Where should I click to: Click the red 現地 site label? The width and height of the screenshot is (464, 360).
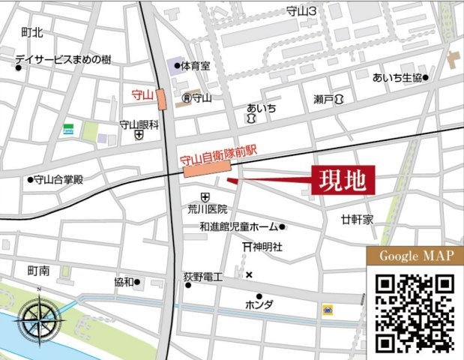click(x=343, y=180)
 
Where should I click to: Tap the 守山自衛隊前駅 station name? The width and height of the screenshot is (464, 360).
click(x=219, y=159)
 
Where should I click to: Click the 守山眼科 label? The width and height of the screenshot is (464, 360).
click(x=139, y=124)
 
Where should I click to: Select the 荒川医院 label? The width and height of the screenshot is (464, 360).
click(x=208, y=210)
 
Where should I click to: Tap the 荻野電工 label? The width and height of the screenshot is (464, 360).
click(x=203, y=277)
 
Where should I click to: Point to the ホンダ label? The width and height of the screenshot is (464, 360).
click(x=259, y=304)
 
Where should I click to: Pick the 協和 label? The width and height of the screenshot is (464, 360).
click(x=124, y=282)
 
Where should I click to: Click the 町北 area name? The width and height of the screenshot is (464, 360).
click(x=32, y=32)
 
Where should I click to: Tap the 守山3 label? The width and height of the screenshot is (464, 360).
click(x=302, y=11)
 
